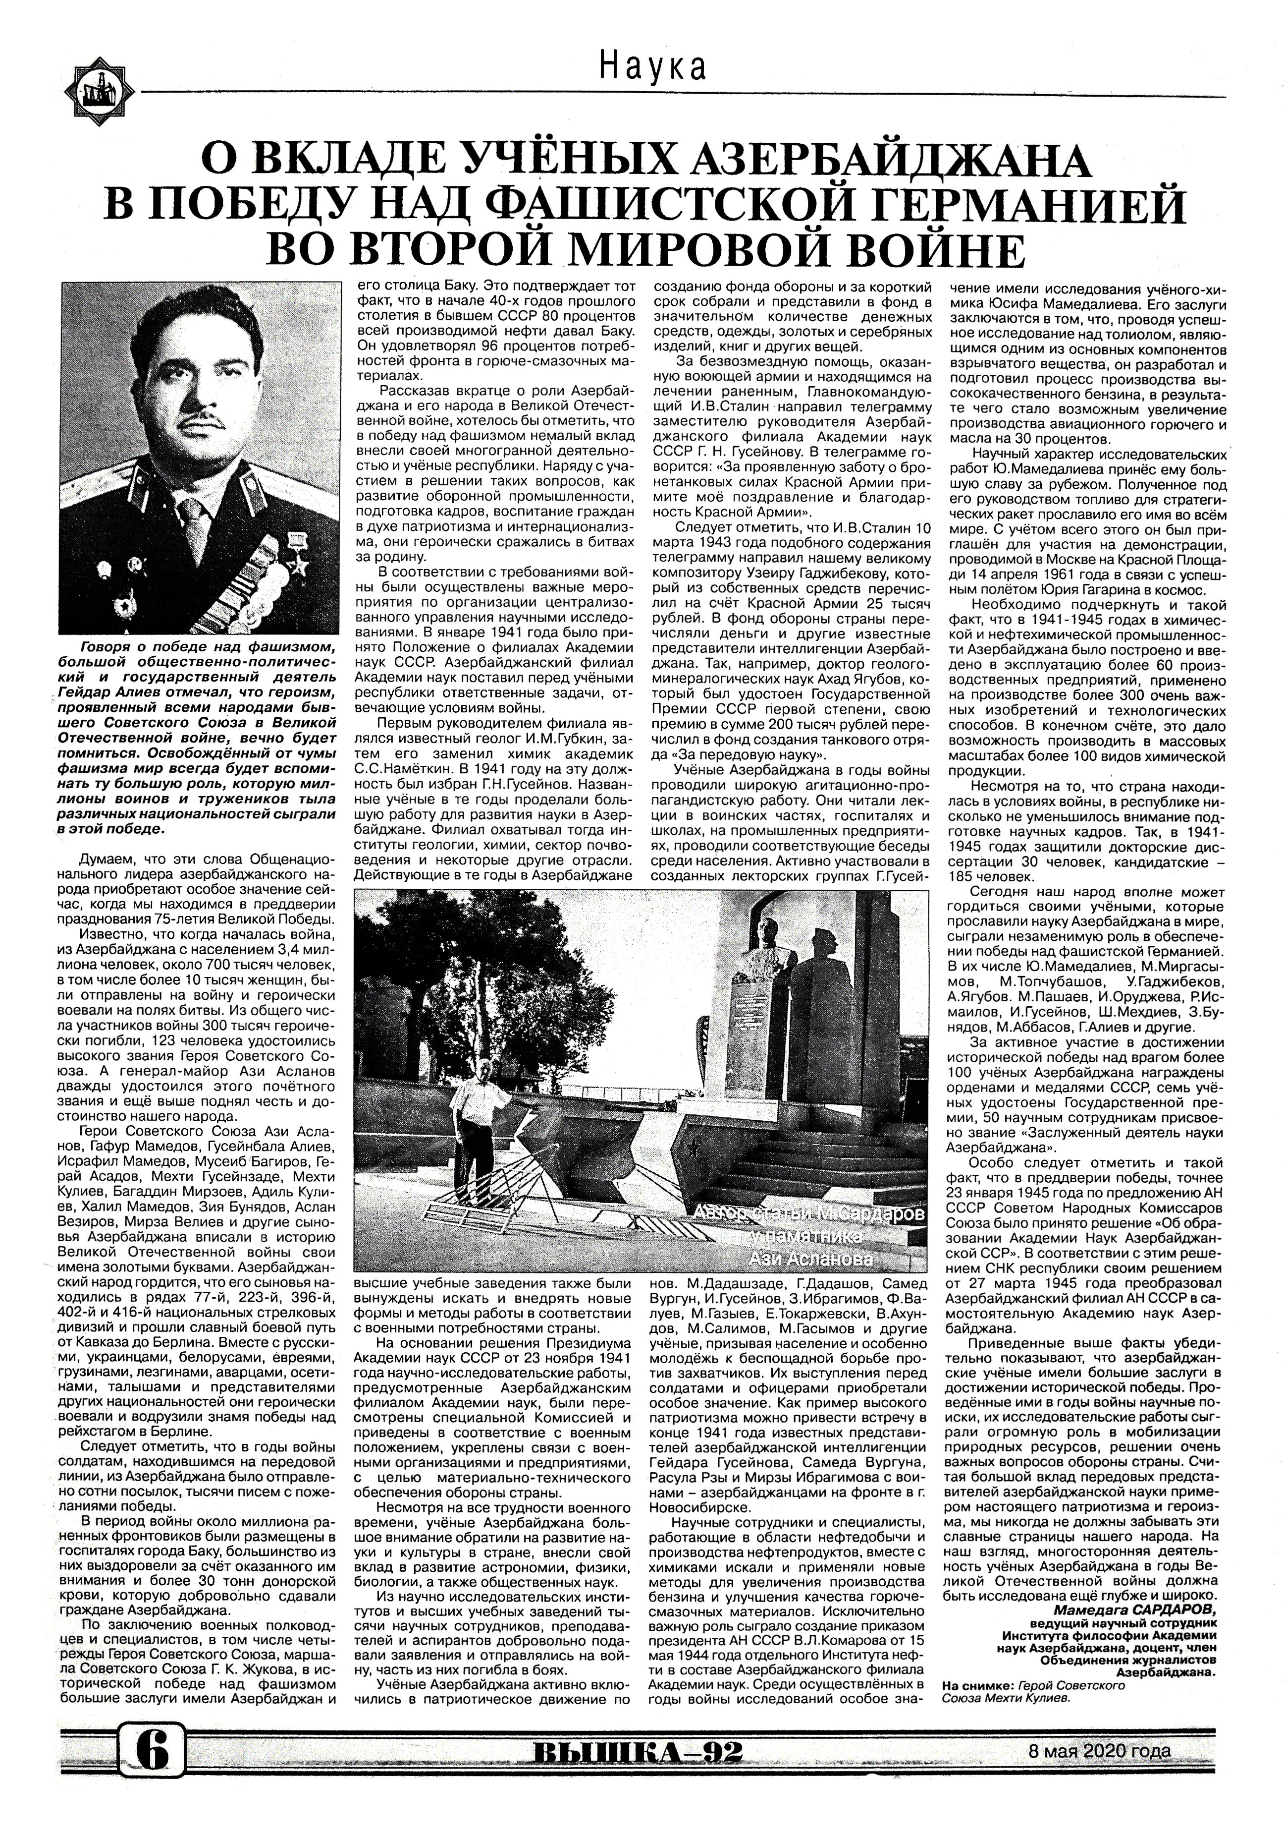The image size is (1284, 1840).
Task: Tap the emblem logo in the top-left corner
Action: pyautogui.click(x=100, y=87)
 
